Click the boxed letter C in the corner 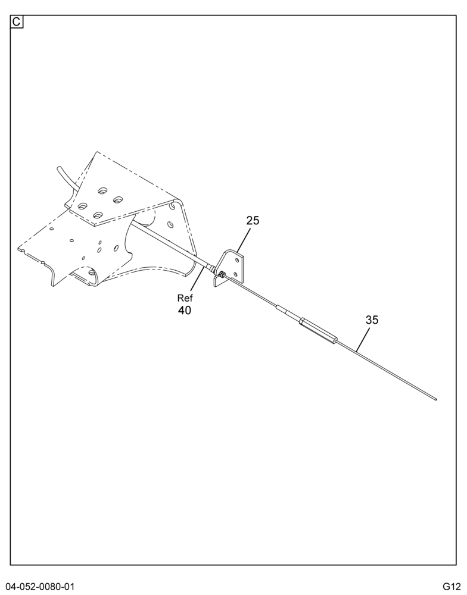point(16,22)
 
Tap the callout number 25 point(253,221)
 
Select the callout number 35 point(372,320)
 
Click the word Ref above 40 point(185,298)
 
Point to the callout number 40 point(184,311)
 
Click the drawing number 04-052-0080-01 point(40,586)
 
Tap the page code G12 point(451,586)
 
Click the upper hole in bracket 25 point(238,261)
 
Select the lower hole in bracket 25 point(236,274)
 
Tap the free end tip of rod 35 point(436,399)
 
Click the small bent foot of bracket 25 point(218,281)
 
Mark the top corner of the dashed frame point(96,152)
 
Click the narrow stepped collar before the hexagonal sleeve point(288,313)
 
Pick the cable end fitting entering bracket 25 point(210,268)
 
